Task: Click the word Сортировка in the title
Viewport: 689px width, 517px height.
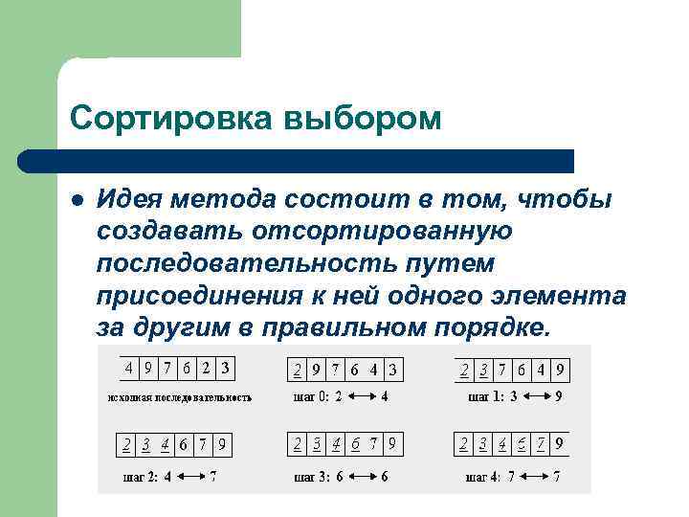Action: click(169, 119)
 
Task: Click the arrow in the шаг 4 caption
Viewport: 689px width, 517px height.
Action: click(535, 476)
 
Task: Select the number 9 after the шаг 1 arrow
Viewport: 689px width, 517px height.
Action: click(558, 396)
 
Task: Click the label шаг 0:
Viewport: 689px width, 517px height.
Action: click(310, 396)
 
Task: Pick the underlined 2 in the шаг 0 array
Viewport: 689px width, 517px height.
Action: click(298, 370)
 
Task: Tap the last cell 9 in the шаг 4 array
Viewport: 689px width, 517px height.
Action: click(559, 444)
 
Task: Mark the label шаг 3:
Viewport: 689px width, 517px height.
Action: click(310, 476)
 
